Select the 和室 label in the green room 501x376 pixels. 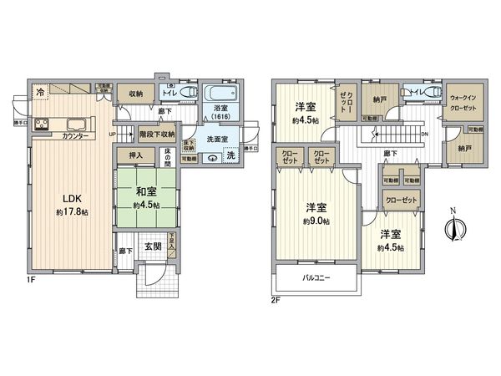147,191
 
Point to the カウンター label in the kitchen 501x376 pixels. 76,136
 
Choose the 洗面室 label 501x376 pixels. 219,139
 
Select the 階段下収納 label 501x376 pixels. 156,134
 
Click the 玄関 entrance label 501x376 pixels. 153,246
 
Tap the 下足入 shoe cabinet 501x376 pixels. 171,243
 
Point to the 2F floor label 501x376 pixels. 276,297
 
